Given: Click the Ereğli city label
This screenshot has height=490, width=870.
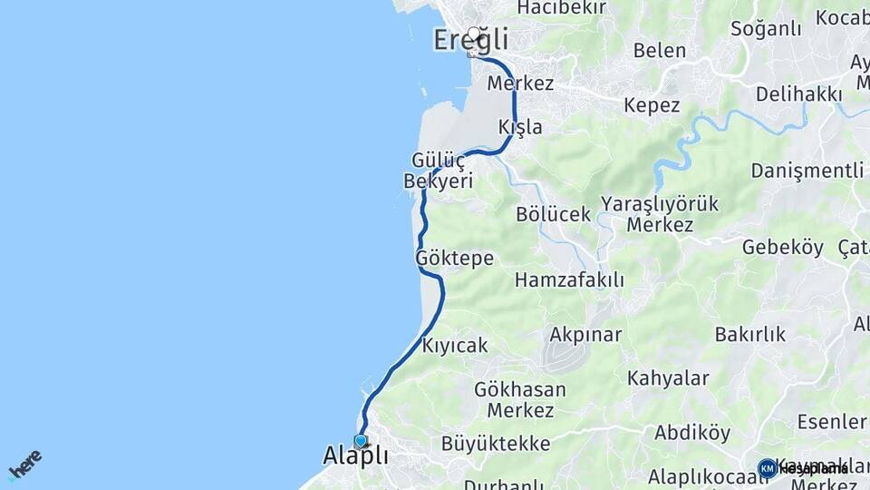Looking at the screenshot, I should pos(470,41).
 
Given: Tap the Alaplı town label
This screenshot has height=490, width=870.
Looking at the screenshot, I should pos(355,456).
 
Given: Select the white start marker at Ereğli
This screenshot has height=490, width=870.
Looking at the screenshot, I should pos(474,34).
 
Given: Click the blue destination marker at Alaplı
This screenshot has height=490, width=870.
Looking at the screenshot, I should pos(361,441).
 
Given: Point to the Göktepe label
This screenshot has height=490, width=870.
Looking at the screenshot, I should pos(454,259).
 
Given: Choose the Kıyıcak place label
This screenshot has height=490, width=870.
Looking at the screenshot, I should pos(455,346).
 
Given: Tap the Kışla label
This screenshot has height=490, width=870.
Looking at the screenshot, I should pos(520,126).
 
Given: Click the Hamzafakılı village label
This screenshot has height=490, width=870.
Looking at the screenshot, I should pos(569,280).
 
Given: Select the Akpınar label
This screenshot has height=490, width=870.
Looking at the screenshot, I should pos(585,334).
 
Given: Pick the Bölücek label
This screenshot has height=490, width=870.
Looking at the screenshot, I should pos(553,215).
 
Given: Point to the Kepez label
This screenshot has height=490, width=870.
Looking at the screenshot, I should pos(652,105).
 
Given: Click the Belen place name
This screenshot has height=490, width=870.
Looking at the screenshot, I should pos(660,51).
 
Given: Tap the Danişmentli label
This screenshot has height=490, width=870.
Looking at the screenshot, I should pos(807,171).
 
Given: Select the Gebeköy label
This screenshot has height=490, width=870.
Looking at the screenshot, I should pos(783,247).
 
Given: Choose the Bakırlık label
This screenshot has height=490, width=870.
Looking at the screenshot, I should pos(750,334).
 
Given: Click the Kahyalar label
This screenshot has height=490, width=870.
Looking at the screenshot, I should pos(668,378).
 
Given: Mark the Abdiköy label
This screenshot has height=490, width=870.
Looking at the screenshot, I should pos(692,433).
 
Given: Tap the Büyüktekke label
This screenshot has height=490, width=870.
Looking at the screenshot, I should pos(496,444).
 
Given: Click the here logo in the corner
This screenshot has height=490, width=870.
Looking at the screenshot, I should pos(25,464).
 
